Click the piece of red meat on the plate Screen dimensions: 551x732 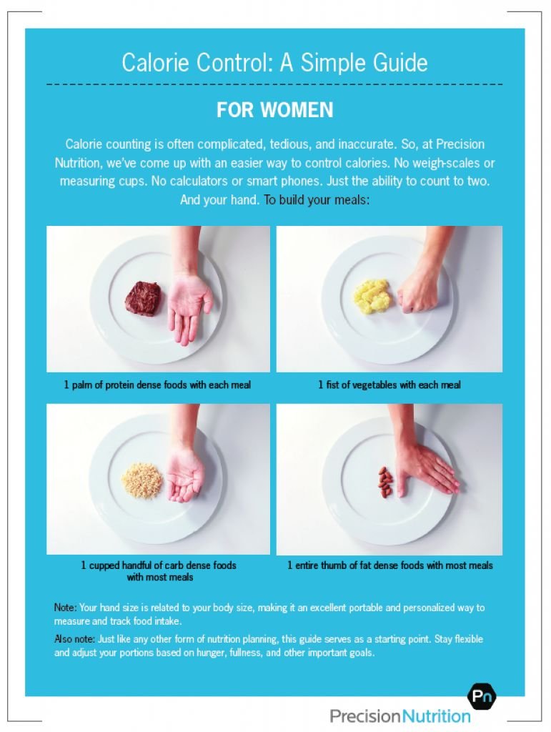click(144, 298)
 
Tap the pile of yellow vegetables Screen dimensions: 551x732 click(370, 296)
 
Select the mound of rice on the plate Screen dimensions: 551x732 click(142, 480)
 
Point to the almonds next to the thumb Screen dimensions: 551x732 click(385, 482)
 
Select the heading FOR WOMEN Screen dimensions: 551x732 click(275, 110)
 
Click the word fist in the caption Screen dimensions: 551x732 click(332, 385)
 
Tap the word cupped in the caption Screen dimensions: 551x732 click(104, 566)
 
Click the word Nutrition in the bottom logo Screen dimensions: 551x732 click(436, 716)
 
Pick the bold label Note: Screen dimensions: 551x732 click(65, 608)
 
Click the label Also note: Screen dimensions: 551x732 click(74, 639)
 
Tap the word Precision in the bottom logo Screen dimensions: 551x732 click(365, 716)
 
